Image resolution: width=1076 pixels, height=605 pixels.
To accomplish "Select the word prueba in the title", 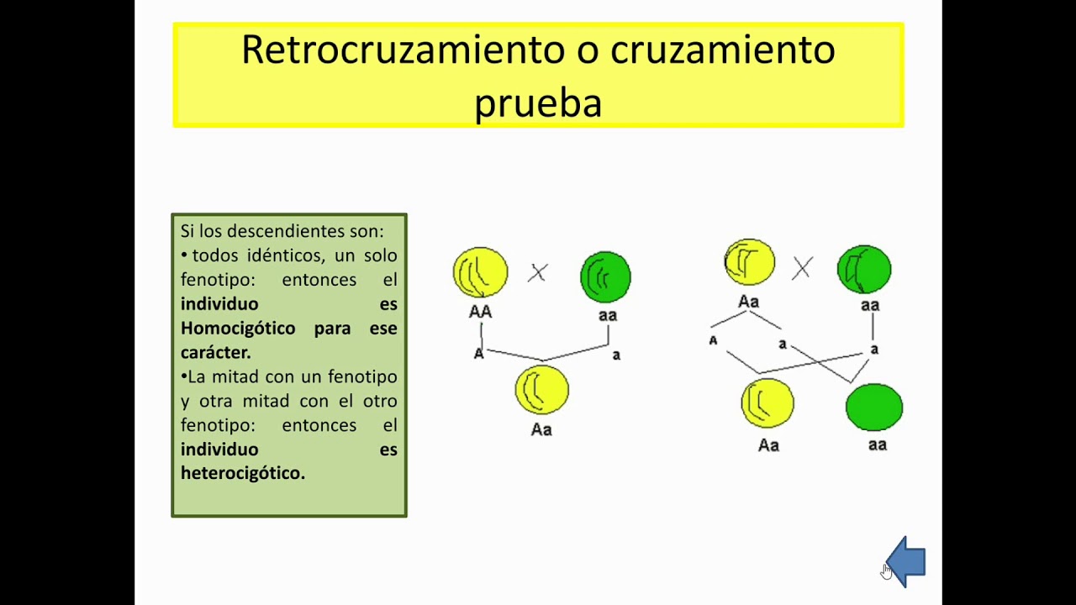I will (x=538, y=103).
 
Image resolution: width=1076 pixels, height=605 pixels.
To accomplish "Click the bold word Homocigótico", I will (x=238, y=329).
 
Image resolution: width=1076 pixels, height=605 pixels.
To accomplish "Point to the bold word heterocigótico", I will (x=242, y=473).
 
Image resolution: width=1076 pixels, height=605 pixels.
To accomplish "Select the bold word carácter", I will (x=215, y=353).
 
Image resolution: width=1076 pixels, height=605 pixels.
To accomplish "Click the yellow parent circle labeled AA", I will (x=480, y=272).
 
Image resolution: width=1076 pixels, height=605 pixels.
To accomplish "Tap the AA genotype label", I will (x=480, y=312).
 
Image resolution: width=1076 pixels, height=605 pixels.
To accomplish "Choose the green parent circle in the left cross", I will (x=605, y=276).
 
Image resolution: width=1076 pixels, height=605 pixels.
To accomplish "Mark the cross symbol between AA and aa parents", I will (x=538, y=272).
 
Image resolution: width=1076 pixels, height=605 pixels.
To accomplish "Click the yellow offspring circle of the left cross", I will (x=541, y=390).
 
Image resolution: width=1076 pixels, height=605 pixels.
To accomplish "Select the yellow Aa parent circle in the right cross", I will (x=750, y=262).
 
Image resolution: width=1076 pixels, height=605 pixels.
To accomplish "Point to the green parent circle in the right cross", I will (x=864, y=269).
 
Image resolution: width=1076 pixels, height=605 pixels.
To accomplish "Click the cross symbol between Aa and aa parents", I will (x=802, y=268).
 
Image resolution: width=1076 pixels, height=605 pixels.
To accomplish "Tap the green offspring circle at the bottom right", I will (x=874, y=408).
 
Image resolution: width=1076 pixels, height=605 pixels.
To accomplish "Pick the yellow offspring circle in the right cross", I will (x=767, y=403).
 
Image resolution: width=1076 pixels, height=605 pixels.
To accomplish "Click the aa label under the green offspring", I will (x=877, y=445).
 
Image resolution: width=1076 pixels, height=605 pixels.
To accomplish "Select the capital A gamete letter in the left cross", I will (x=479, y=354).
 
